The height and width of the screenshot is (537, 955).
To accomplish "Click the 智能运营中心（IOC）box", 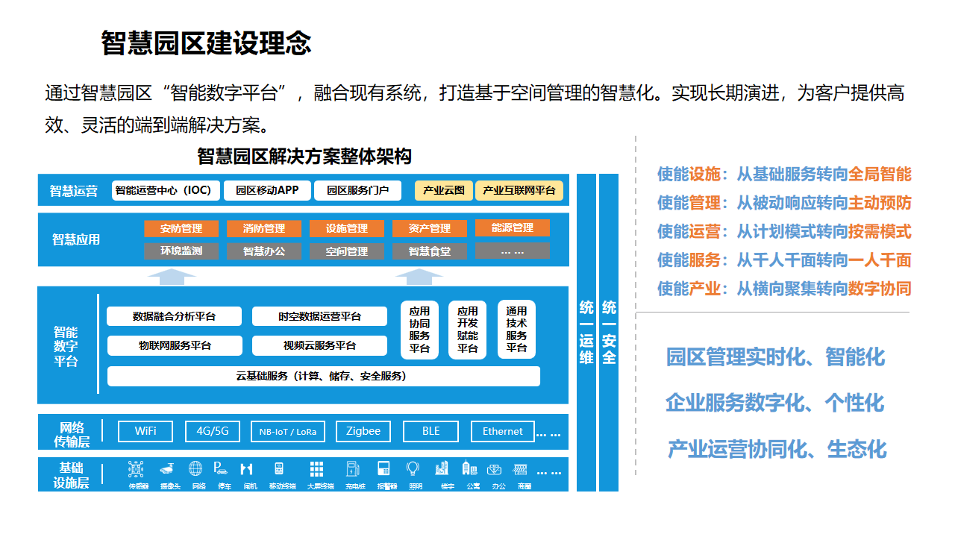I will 163,190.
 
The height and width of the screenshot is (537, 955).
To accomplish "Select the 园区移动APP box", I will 267,190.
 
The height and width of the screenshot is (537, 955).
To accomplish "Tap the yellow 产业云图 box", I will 444,191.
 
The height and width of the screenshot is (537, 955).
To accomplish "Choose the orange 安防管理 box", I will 181,228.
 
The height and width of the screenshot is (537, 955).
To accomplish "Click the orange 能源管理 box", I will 513,227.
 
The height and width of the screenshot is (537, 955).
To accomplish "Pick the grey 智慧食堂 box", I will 430,251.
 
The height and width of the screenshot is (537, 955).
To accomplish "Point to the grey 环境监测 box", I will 181,251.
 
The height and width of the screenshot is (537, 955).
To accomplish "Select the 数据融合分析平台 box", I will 175,316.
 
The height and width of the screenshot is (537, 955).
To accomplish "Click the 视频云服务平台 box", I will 319,346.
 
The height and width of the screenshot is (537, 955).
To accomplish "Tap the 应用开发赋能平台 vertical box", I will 468,330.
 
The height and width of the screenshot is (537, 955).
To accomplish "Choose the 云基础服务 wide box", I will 324,376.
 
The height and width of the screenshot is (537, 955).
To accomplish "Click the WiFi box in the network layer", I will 145,431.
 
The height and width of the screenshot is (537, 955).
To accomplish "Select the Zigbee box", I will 363,431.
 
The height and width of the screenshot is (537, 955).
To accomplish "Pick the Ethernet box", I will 503,431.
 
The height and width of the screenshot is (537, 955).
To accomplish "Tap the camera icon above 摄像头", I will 166,469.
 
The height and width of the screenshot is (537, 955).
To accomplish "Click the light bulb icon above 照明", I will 413,468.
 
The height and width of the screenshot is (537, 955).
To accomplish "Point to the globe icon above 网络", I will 195,468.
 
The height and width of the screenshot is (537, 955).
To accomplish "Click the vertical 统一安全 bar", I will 609,332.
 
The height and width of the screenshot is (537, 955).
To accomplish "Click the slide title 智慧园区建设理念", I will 206,43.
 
